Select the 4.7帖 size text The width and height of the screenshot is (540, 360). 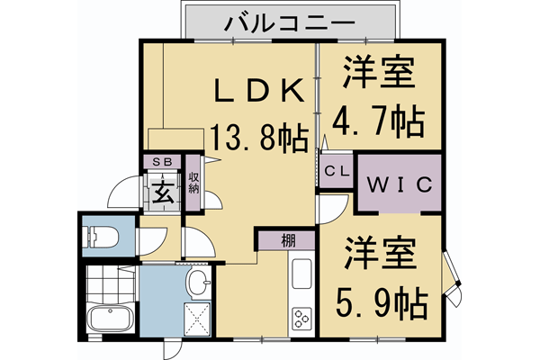click(379, 119)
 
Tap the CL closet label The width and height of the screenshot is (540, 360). click(337, 171)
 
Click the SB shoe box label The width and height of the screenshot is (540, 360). click(164, 162)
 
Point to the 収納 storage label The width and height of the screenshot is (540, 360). click(193, 184)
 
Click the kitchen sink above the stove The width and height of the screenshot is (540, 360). click(301, 273)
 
